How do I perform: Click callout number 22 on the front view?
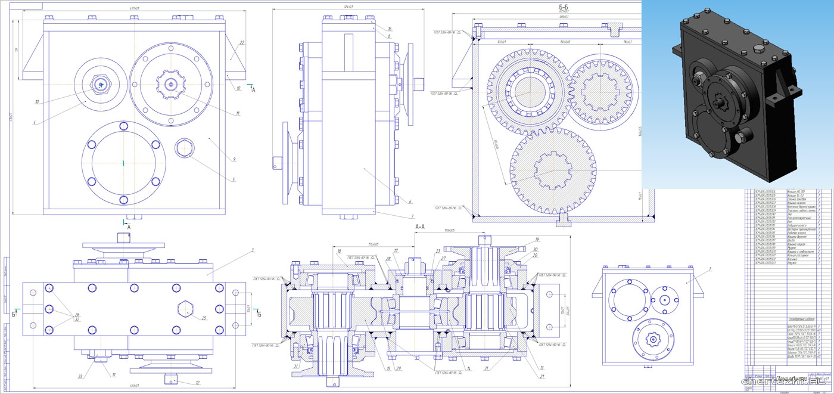click(x=242, y=43)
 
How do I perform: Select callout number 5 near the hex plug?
click(x=234, y=179)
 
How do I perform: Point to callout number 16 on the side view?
click(x=389, y=29)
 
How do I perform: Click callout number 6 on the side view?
click(x=410, y=201)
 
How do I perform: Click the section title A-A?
click(x=419, y=227)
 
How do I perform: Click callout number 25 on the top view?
click(x=204, y=318)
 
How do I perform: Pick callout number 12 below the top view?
click(x=197, y=383)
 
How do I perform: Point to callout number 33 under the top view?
click(x=80, y=376)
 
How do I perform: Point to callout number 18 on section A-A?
click(x=339, y=252)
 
